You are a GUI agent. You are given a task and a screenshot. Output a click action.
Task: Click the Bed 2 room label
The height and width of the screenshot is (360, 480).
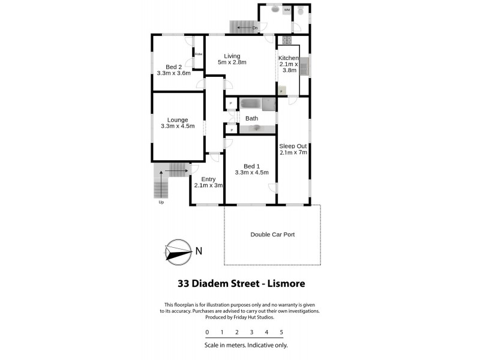[x=173, y=70]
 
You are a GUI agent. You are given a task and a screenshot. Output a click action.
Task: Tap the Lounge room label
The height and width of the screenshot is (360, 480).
[x=178, y=123]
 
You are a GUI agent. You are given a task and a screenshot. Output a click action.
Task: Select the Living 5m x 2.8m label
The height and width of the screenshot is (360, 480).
[x=232, y=59]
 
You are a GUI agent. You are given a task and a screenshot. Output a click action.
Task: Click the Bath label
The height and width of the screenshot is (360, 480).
[x=251, y=119]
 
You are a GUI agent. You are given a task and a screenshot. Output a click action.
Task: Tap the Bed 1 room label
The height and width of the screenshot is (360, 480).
[x=251, y=169]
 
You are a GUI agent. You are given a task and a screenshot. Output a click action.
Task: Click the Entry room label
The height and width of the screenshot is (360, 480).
[x=208, y=182]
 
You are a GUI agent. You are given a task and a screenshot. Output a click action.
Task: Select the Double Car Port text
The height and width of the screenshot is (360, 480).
[x=272, y=235]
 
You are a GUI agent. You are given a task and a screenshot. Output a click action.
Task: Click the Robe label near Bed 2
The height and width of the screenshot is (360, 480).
[x=198, y=55]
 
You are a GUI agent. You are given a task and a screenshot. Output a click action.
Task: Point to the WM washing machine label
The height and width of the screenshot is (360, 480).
[x=287, y=10]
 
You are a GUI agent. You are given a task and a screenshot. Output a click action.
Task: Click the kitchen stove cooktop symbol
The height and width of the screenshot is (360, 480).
[x=287, y=41]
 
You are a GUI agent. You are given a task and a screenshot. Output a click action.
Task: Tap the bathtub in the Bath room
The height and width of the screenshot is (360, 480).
[x=257, y=104]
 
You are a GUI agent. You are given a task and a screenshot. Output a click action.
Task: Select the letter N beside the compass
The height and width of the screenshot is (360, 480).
[x=199, y=250]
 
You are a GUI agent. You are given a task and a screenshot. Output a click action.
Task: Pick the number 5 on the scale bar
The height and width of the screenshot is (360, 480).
[x=281, y=332]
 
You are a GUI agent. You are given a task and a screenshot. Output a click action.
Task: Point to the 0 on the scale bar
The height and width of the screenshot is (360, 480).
[x=207, y=332]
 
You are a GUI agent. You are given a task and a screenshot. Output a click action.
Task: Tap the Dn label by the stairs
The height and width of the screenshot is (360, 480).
[x=255, y=28]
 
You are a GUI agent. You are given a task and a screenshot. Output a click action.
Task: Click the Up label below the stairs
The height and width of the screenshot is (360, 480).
[x=161, y=202]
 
